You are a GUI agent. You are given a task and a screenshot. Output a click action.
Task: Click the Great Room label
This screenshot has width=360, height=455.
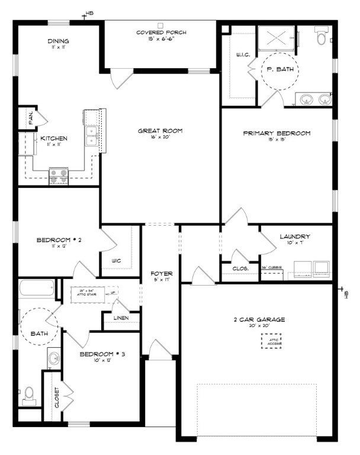click(x=160, y=131)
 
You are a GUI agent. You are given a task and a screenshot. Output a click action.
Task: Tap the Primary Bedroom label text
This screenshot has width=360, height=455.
click(x=277, y=133)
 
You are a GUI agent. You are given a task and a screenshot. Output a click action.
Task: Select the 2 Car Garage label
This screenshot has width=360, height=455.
click(x=258, y=320)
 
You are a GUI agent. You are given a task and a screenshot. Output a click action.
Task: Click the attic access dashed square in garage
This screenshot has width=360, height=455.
click(x=272, y=341)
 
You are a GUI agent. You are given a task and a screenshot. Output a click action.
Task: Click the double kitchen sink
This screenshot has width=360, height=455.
click(x=92, y=136)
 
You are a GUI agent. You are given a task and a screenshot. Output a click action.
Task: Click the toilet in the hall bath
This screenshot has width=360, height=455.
click(x=29, y=395)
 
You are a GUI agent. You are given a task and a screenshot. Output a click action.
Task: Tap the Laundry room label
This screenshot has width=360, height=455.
click(x=294, y=237)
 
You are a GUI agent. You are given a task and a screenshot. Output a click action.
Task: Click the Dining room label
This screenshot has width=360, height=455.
click(x=58, y=41)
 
